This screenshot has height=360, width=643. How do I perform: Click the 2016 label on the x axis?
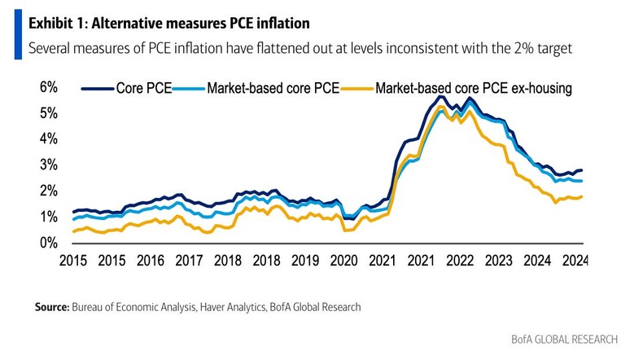coord(151,261)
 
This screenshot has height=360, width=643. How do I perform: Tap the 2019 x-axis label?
coord(306,261)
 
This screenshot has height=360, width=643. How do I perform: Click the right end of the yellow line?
coord(582,196)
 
